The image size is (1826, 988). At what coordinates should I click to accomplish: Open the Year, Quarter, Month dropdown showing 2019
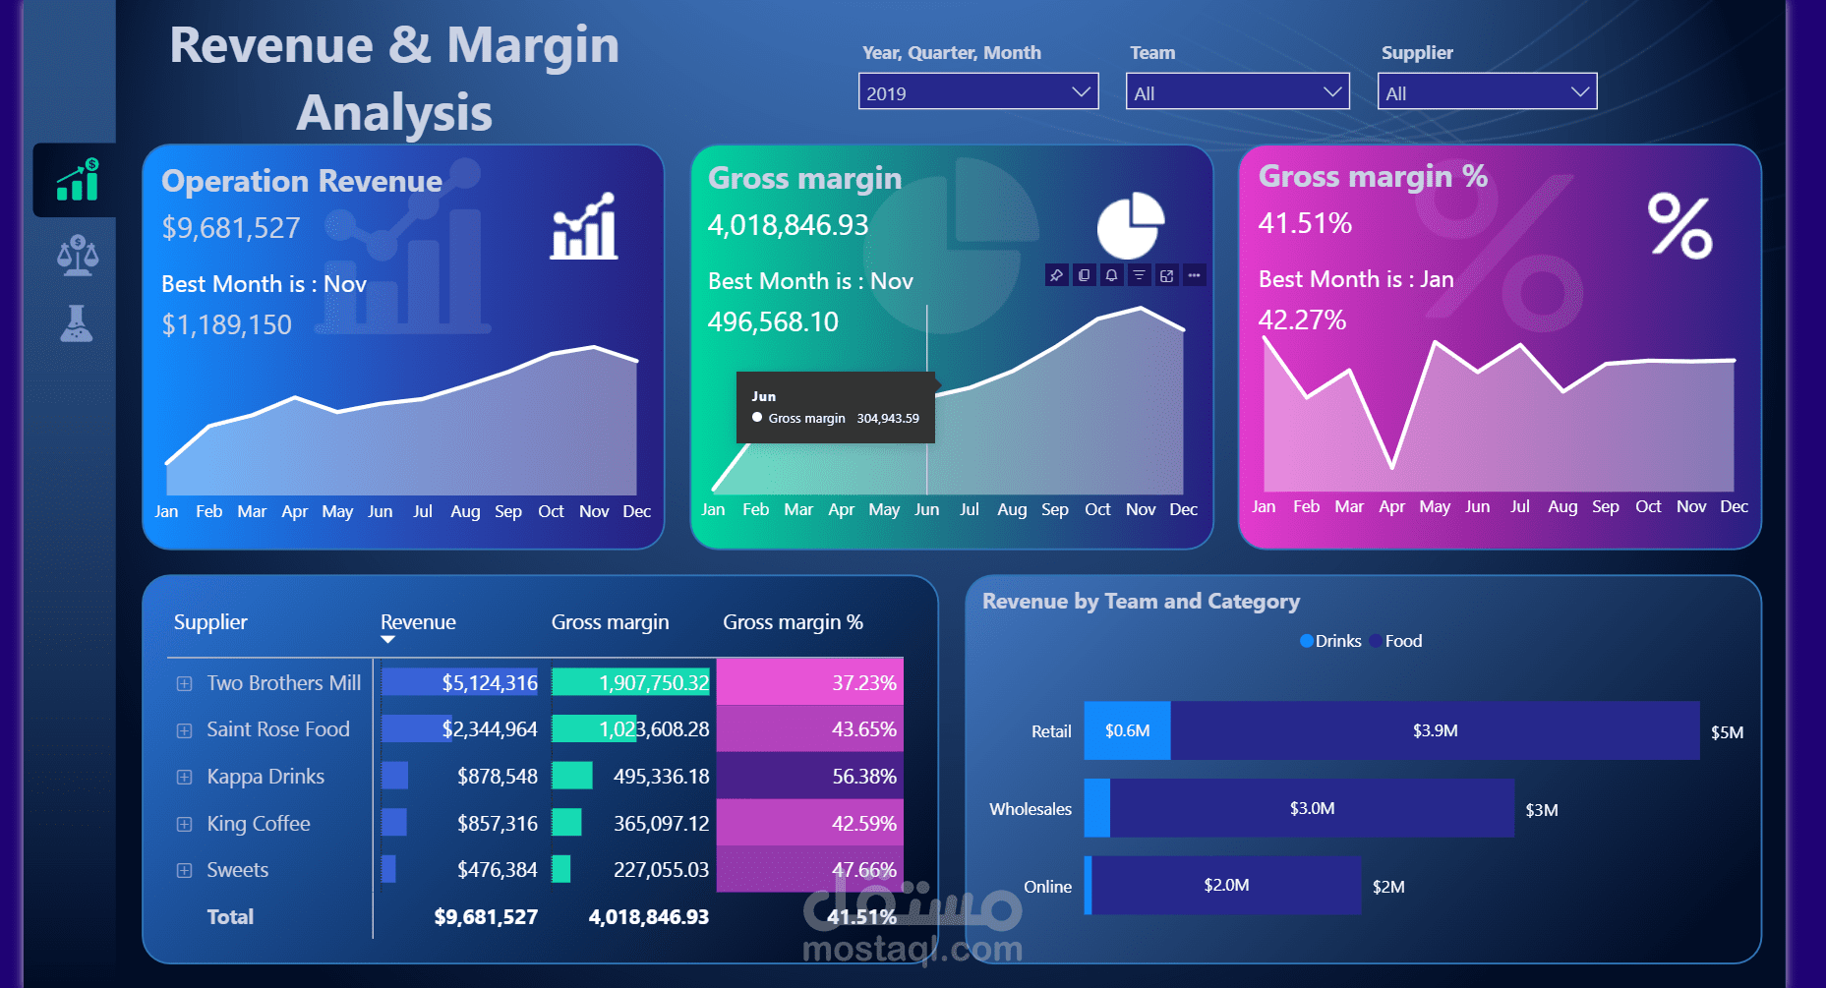point(977,92)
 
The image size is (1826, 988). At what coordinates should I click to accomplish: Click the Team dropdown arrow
point(1332,92)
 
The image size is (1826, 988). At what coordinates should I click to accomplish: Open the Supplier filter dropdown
point(1486,92)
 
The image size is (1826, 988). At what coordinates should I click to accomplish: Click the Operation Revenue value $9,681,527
point(231,228)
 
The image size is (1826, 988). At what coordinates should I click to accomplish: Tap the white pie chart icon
point(1130,225)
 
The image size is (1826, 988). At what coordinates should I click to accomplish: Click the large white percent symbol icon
point(1679,226)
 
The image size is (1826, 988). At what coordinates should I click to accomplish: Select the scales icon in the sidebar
point(77,256)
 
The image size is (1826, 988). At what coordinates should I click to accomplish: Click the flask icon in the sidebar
point(76,323)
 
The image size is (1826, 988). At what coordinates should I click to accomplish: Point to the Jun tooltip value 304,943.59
point(887,419)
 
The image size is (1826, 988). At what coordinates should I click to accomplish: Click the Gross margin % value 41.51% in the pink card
point(1305,224)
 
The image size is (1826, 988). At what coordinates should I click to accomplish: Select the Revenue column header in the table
point(418,622)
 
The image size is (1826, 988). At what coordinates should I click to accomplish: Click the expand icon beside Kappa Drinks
point(184,777)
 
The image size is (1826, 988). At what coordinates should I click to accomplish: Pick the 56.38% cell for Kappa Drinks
point(863,777)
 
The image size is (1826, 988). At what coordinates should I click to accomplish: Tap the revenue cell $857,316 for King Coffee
point(497,824)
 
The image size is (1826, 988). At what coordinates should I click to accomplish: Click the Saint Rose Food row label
point(278,729)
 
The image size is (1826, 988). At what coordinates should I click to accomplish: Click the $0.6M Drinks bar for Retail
point(1127,730)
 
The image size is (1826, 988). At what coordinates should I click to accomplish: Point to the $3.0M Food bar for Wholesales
point(1312,808)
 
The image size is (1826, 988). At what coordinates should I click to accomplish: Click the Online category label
point(1047,887)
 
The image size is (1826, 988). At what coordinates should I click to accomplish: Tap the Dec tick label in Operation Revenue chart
point(636,511)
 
